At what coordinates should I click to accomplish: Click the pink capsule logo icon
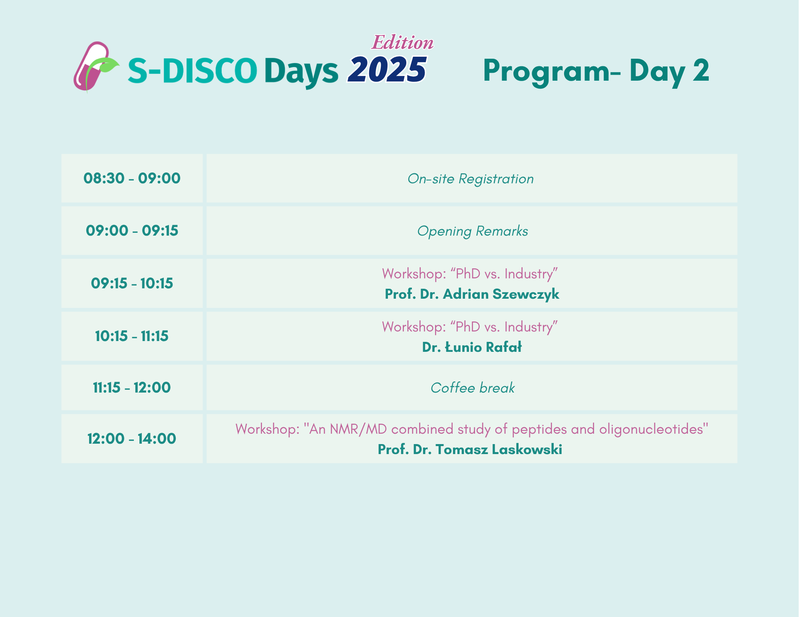coord(91,66)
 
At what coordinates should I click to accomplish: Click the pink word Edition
coord(403,43)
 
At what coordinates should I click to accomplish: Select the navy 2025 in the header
coord(387,69)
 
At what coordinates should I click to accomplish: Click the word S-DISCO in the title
coord(192,70)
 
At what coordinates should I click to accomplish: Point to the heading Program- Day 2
coord(596,71)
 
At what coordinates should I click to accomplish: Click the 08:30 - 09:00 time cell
coord(132,178)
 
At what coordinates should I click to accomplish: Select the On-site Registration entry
coord(471,179)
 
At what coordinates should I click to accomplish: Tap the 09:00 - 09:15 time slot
coord(132,230)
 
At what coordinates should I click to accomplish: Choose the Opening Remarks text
coord(473,231)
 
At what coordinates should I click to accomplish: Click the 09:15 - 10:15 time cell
coord(132,283)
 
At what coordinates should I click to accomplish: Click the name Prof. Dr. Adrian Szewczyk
coord(472,294)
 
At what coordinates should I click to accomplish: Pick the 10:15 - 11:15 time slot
coord(132,336)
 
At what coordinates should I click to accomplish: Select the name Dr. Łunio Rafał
coord(472,347)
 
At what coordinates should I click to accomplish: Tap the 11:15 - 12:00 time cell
coord(132,387)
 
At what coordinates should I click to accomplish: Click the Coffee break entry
coord(473,388)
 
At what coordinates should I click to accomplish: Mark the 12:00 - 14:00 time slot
coord(132,438)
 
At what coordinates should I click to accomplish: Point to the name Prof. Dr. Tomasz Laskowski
coord(470,449)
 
